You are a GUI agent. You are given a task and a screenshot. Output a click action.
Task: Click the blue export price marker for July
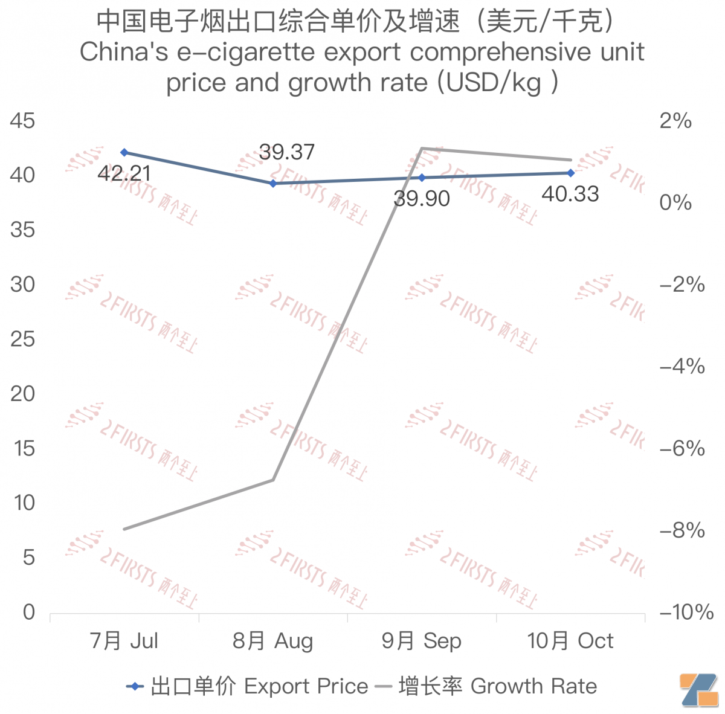tap(124, 152)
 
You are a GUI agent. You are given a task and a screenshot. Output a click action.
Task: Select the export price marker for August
tap(273, 183)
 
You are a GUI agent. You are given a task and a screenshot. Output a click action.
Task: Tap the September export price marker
tap(422, 178)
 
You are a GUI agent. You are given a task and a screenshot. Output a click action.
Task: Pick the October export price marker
tap(571, 173)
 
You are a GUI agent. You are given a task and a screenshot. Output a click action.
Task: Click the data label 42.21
tap(124, 174)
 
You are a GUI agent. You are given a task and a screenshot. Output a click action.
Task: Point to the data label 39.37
tap(287, 152)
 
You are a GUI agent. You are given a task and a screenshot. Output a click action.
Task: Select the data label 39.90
tap(422, 198)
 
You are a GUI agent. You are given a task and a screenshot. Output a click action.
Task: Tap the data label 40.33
tap(570, 194)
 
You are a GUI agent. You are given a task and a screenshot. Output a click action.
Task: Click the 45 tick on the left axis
tap(23, 121)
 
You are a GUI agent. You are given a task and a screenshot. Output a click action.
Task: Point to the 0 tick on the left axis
tap(29, 612)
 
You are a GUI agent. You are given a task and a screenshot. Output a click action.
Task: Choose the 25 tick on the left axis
tap(23, 339)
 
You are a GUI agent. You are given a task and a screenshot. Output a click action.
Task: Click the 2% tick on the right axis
tap(675, 121)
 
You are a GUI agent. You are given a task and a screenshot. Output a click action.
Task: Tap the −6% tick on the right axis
tap(682, 448)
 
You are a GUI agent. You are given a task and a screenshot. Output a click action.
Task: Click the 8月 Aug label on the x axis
tap(273, 641)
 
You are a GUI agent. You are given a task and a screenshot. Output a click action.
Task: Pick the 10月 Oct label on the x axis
tap(570, 641)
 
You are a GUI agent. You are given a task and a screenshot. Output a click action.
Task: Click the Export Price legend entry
tap(247, 686)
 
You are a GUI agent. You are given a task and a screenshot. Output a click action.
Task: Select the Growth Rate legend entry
tap(486, 686)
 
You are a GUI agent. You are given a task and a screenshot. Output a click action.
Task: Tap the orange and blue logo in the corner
tap(698, 689)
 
